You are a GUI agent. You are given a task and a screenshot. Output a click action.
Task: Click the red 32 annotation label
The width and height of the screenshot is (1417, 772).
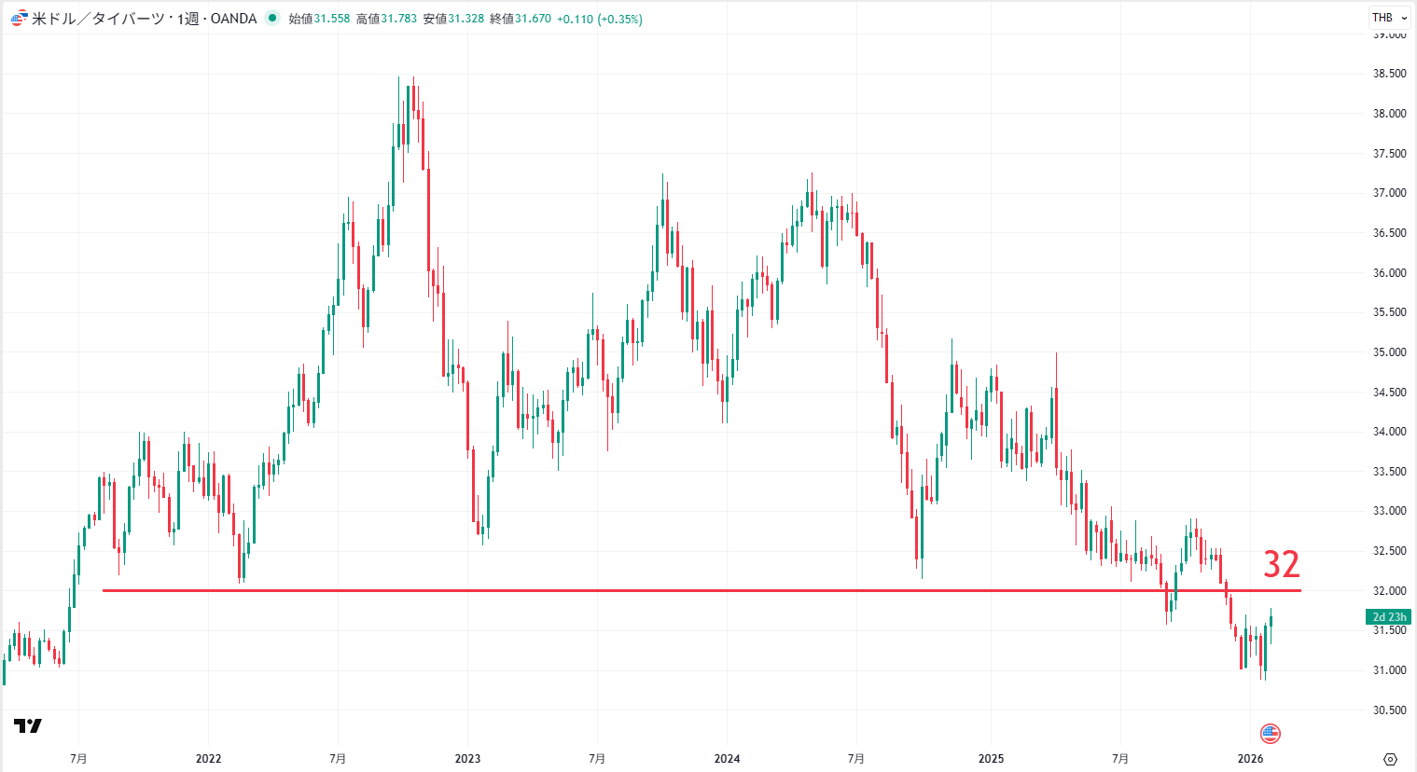click(1281, 564)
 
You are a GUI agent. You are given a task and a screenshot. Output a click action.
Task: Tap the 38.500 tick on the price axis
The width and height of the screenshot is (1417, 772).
click(1389, 74)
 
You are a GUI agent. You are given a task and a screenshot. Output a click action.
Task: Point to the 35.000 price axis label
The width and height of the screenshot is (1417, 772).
click(1389, 352)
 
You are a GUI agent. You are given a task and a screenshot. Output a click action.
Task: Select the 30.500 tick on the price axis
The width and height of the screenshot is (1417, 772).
click(1389, 710)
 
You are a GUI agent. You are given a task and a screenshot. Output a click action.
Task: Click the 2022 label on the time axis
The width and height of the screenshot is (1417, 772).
click(208, 758)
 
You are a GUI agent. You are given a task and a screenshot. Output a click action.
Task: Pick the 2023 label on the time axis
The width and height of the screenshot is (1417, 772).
click(467, 758)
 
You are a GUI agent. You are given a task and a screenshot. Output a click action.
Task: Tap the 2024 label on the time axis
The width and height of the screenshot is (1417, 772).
click(727, 758)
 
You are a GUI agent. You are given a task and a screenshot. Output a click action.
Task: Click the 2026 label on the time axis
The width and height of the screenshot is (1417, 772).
click(1250, 758)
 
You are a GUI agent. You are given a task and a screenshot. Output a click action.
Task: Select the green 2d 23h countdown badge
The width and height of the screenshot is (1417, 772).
click(1388, 617)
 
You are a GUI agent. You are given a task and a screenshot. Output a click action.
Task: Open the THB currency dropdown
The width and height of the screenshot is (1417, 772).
click(1389, 18)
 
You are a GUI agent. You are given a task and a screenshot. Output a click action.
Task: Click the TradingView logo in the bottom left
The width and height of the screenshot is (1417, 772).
click(28, 725)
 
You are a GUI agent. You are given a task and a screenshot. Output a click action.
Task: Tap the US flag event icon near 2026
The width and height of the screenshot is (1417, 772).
click(1270, 733)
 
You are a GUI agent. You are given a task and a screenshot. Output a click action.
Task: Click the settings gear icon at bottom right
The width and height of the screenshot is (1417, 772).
click(1390, 759)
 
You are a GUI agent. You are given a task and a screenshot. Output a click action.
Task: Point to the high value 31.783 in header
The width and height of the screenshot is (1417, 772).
click(398, 19)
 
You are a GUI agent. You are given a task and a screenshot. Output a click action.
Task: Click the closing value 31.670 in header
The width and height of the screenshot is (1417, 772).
click(533, 19)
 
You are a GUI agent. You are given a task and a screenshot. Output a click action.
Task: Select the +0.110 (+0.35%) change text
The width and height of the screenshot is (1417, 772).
click(599, 19)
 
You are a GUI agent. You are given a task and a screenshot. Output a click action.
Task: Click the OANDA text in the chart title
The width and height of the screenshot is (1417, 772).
click(233, 19)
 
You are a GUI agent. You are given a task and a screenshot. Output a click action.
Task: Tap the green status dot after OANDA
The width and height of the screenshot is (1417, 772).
click(271, 18)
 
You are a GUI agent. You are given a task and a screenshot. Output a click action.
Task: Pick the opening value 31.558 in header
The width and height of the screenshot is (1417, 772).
click(331, 19)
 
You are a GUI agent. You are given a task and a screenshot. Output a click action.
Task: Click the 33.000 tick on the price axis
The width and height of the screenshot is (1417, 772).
click(1389, 511)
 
